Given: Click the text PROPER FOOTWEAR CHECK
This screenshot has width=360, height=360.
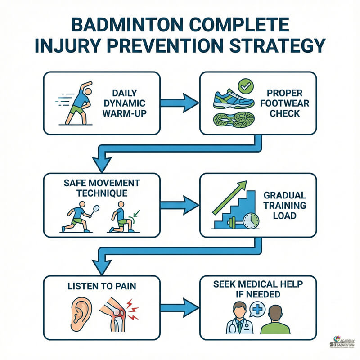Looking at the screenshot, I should pos(285,103).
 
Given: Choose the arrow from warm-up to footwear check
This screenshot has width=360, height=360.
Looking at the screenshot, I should pos(180,103).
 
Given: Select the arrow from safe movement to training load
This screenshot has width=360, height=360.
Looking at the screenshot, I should pos(180,206).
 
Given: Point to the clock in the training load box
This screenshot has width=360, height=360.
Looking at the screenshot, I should pos(250,221).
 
